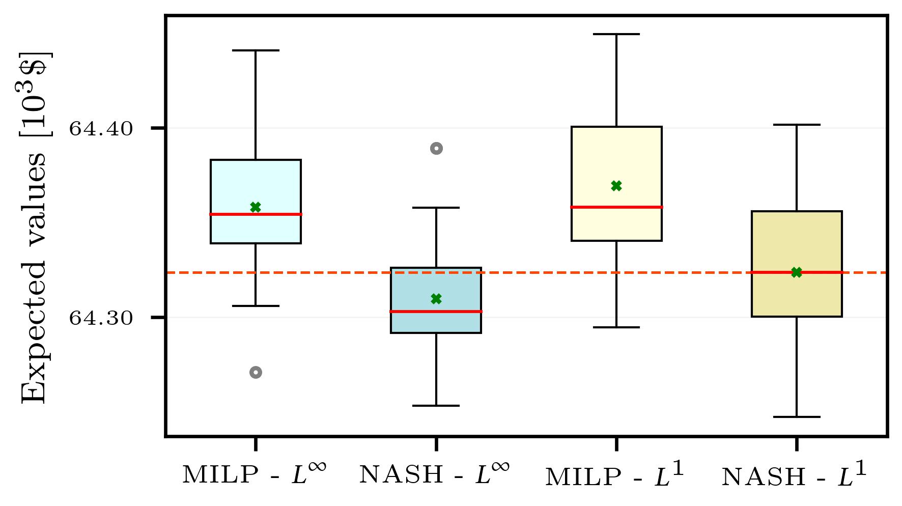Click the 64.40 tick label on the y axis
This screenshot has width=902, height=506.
coord(101,129)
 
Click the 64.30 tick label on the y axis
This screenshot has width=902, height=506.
coord(101,318)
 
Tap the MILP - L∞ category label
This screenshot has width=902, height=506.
coord(254,475)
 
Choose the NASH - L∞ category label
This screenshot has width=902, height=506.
coord(434,475)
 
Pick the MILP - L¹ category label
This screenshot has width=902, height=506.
coord(615,476)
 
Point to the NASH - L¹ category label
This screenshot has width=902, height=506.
coord(794,476)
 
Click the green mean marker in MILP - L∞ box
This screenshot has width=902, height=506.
coord(256,207)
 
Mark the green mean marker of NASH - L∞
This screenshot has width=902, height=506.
coord(436,299)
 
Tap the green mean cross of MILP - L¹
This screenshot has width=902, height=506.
coord(616,186)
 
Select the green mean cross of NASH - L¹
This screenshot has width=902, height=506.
coord(797,272)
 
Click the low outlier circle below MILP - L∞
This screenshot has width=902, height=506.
coord(256,373)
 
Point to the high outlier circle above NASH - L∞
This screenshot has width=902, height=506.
coord(436,149)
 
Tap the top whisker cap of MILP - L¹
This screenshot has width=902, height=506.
coord(616,34)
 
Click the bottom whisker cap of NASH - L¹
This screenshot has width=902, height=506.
coord(797,417)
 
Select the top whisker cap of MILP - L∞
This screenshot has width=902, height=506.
coord(256,50)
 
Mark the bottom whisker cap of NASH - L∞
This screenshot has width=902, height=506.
coord(436,406)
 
